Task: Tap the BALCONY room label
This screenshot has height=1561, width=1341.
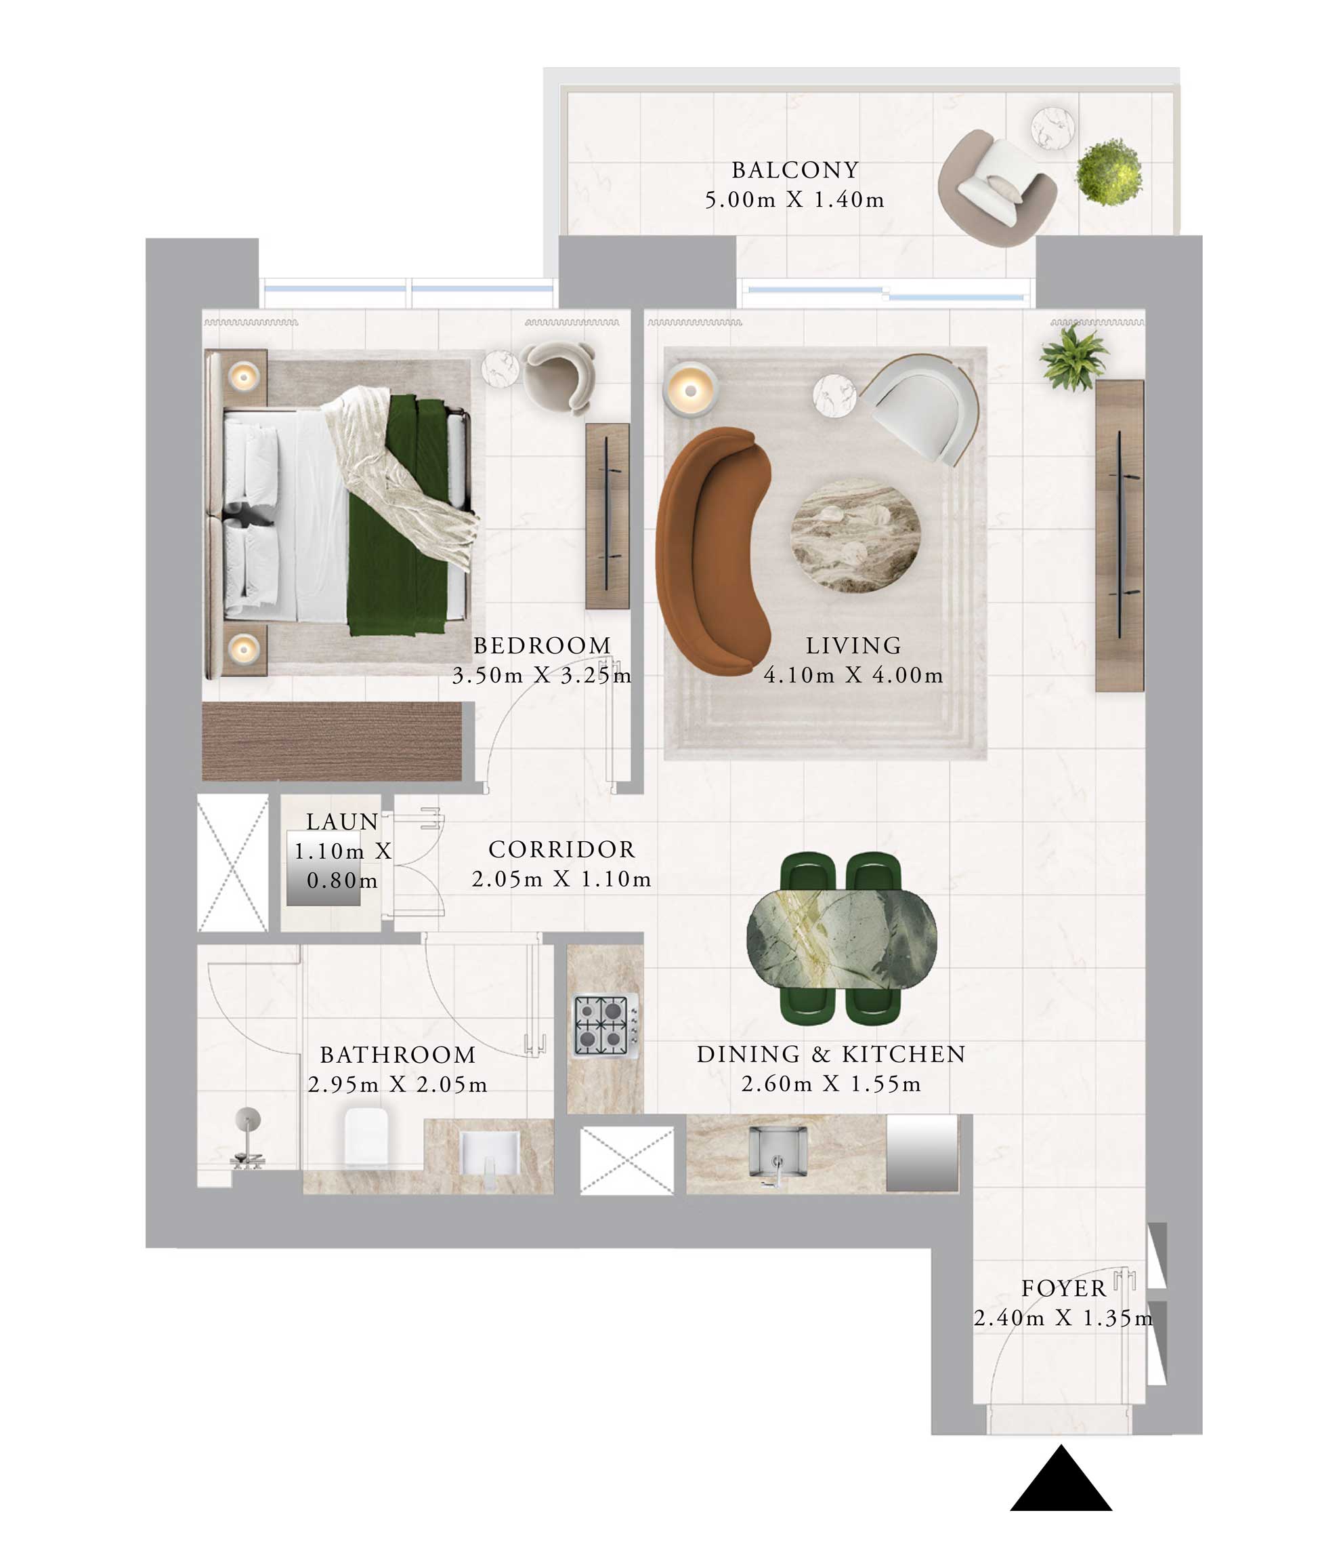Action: [x=795, y=170]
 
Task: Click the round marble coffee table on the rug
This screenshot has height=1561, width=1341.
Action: [x=855, y=535]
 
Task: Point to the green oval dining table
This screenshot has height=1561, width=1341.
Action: [x=841, y=939]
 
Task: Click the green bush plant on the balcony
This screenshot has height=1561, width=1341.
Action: [x=1108, y=171]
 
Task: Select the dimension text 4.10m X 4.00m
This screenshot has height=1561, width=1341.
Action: [x=853, y=675]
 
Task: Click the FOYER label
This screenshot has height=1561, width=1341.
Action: [x=1063, y=1289]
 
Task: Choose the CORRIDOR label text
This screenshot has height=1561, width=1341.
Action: [x=561, y=849]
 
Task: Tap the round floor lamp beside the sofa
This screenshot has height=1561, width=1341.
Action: [x=689, y=390]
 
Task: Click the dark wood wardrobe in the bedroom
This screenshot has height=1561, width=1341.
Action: [x=331, y=741]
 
